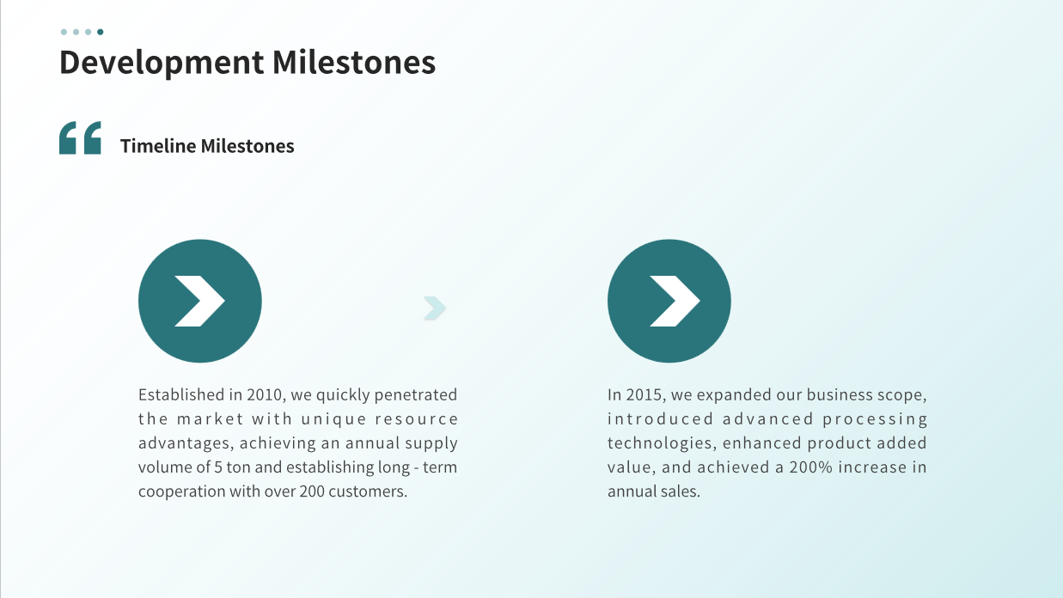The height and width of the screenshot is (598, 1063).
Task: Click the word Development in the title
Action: click(162, 63)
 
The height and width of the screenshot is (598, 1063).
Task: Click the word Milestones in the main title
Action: click(353, 62)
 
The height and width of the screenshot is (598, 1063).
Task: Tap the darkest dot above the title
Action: click(101, 32)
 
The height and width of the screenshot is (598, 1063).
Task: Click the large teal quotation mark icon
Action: click(80, 137)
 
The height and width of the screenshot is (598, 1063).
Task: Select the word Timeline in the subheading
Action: click(158, 146)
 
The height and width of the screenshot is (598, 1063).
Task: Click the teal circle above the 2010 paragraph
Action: click(199, 301)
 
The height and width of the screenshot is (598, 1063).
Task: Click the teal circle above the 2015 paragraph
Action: click(669, 301)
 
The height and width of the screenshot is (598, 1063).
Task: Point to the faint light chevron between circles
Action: click(435, 308)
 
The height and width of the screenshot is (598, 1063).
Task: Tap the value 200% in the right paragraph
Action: click(810, 467)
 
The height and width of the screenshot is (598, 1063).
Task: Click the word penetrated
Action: click(416, 395)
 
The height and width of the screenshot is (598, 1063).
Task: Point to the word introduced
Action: click(661, 419)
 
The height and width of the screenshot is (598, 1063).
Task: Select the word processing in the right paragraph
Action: click(875, 420)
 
